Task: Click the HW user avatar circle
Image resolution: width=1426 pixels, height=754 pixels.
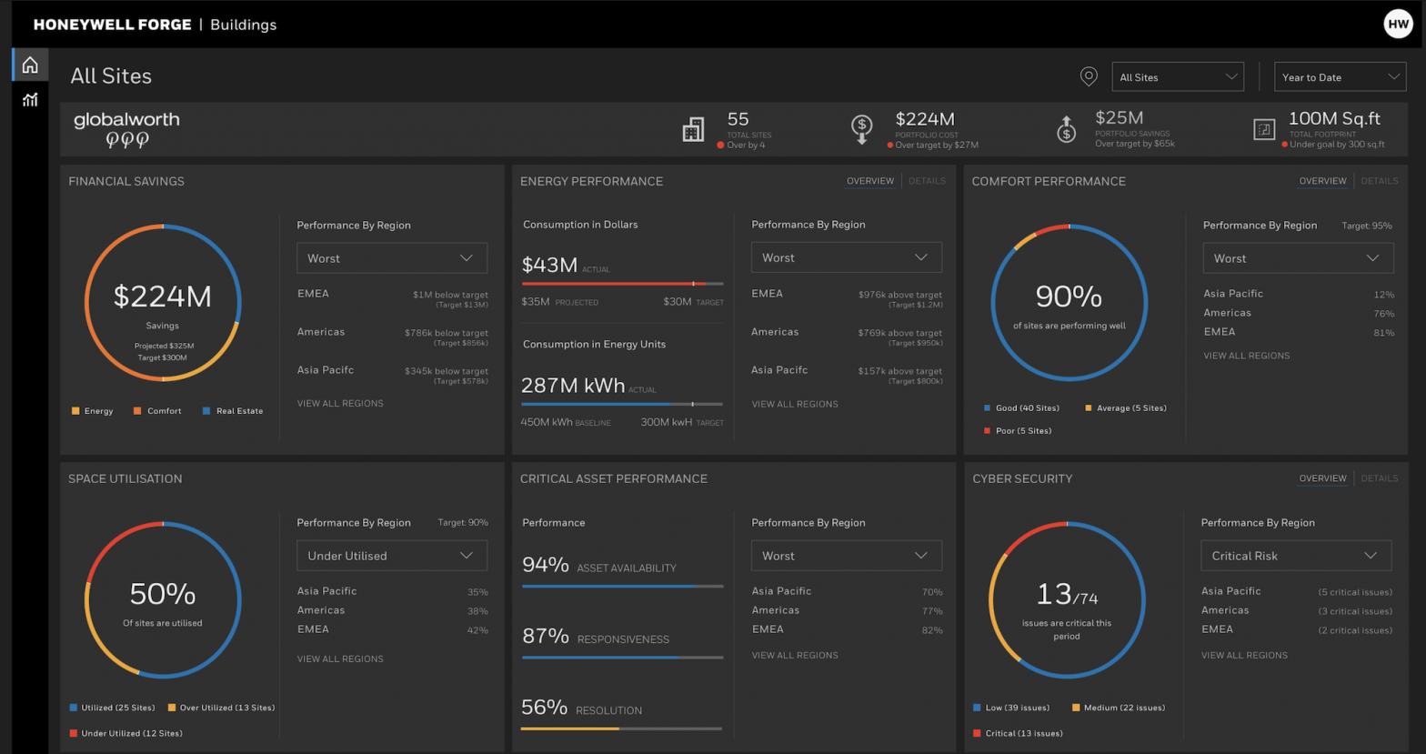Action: coord(1397,24)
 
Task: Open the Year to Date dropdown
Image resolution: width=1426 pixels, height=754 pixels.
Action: coord(1340,77)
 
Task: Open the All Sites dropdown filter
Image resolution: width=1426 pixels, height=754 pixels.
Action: coord(1177,77)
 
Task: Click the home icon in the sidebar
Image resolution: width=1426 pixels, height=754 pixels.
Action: coord(30,65)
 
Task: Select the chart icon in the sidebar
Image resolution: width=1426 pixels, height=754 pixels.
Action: coord(30,100)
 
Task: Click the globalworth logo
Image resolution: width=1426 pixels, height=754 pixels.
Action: coord(126,129)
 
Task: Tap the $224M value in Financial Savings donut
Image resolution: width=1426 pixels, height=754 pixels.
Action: coord(163,297)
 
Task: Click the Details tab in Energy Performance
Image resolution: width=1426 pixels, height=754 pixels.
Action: coord(927,181)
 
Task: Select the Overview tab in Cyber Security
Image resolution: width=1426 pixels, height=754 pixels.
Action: coord(1322,478)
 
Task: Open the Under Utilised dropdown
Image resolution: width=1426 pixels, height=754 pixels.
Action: coord(392,556)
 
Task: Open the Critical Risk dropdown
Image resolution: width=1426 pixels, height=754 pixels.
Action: coord(1296,556)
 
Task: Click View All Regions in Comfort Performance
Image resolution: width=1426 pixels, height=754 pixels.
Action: coord(1246,356)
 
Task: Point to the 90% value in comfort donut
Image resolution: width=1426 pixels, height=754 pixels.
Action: coord(1069,297)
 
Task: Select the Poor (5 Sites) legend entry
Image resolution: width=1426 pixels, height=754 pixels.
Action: coord(1022,431)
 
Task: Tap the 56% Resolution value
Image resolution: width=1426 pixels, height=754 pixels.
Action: coord(545,708)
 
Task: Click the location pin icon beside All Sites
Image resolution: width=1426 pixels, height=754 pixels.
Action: coord(1089,77)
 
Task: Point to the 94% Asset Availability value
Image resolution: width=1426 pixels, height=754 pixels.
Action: coord(546,565)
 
